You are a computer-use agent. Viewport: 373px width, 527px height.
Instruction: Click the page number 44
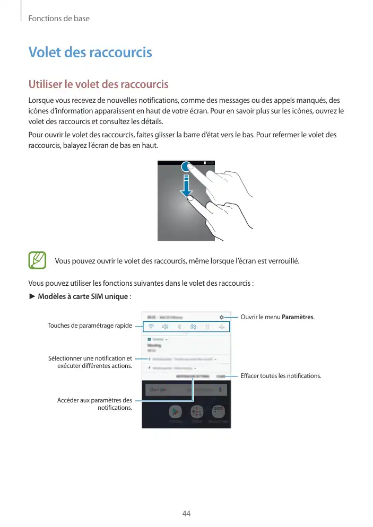(186, 514)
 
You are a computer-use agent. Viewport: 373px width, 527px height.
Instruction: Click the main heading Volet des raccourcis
(90, 52)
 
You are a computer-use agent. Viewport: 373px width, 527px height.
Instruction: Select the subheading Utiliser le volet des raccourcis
(98, 84)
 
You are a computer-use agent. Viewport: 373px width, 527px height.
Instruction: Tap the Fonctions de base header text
(59, 19)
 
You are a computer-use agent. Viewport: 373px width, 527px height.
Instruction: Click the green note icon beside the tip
(37, 261)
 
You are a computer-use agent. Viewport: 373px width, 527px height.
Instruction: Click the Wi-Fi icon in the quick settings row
(151, 327)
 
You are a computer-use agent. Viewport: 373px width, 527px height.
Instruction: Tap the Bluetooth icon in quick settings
(179, 327)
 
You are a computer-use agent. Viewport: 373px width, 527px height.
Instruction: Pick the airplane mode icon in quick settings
(221, 327)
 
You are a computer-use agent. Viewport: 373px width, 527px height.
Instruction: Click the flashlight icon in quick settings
(207, 327)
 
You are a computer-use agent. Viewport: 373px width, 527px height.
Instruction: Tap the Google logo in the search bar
(158, 390)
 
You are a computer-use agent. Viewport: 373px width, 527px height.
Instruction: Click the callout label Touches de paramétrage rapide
(90, 325)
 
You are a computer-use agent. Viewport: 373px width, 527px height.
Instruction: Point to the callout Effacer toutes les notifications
(281, 376)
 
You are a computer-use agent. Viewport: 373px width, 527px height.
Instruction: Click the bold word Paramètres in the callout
(298, 317)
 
